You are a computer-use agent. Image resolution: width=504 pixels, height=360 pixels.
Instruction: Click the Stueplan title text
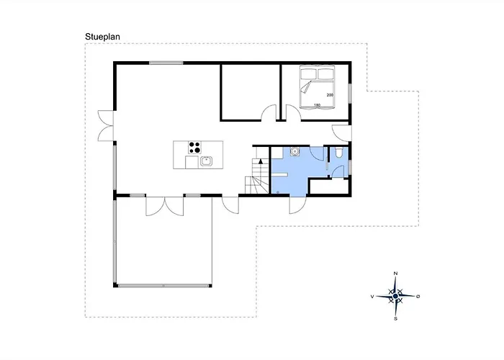pos(102,37)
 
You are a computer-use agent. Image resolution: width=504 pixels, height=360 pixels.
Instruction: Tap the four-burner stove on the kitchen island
pos(195,148)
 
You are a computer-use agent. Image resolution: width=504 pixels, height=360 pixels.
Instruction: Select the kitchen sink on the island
pos(206,161)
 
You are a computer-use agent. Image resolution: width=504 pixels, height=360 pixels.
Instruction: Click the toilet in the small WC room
pos(338,153)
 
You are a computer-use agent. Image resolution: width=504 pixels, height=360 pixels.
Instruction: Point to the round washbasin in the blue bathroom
pos(294,151)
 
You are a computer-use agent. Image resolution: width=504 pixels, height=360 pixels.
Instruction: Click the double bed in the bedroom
pos(318,87)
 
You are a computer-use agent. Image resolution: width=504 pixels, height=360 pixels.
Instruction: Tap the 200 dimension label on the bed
pos(330,95)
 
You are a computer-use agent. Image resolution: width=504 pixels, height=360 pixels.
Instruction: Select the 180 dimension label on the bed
pos(317,105)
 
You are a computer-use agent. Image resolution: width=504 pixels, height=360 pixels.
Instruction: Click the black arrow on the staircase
pos(261,161)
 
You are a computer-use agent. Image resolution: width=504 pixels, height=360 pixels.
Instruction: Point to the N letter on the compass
pos(396,274)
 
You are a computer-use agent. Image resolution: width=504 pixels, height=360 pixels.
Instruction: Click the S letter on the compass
pos(396,318)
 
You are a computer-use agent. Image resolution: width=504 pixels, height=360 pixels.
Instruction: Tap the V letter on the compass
pos(372,297)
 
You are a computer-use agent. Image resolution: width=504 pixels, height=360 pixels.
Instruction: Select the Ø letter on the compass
pos(418,297)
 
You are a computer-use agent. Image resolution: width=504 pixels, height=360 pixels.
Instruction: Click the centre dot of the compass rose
pos(395,296)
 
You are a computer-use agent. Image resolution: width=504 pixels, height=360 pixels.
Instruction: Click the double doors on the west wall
pos(106,126)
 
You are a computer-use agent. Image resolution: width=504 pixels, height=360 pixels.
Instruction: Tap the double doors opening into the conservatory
pos(165,206)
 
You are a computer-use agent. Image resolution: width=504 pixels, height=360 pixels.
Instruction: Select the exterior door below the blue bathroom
pos(297,204)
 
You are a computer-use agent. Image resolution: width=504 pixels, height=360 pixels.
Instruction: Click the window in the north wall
pos(166,63)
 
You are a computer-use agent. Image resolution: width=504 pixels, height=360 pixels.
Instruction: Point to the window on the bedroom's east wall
pos(350,94)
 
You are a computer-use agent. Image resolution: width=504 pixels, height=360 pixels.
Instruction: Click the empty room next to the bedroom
pos(250,91)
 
